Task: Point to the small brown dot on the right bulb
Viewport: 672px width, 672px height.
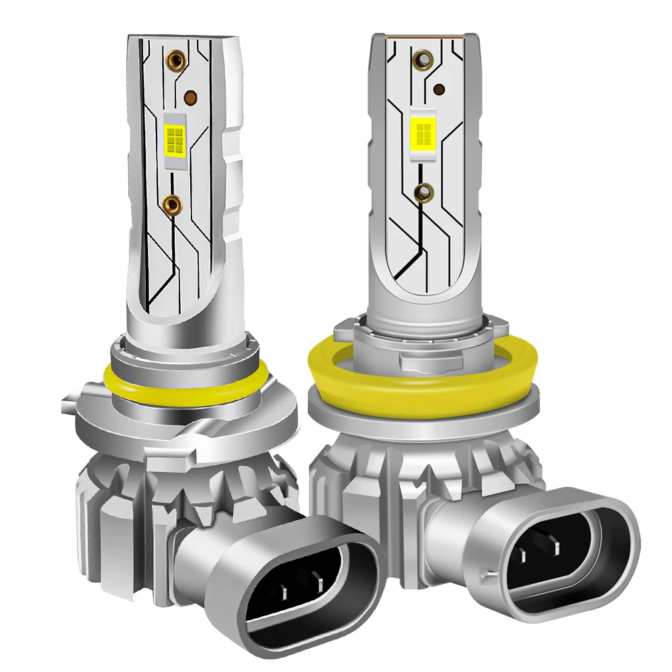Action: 441,89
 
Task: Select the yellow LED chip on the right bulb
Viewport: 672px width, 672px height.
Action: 421,128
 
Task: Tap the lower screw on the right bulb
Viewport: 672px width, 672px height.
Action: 425,193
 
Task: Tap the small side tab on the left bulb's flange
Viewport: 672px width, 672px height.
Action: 67,406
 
